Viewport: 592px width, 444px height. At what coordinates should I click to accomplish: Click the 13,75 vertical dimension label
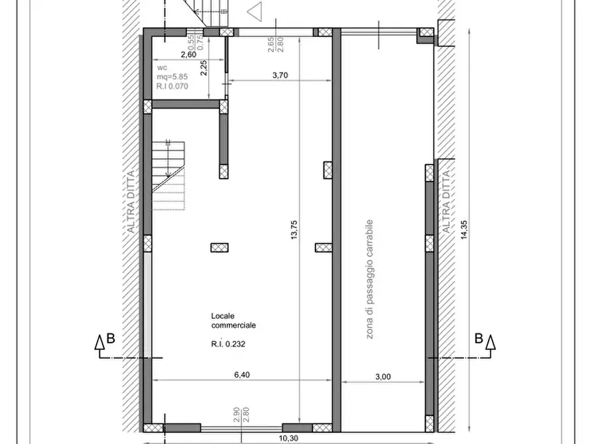294,229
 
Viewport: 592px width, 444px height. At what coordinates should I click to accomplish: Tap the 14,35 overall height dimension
464,230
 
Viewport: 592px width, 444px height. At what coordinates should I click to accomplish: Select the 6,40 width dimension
242,374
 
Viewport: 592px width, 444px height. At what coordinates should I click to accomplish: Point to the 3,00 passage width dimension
383,376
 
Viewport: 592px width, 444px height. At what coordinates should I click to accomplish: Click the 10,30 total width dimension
290,438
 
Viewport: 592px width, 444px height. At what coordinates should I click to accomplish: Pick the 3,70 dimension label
280,75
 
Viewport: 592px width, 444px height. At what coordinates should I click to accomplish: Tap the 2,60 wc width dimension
189,54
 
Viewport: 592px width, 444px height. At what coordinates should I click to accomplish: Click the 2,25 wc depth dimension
204,68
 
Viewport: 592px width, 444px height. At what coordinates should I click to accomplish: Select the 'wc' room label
162,68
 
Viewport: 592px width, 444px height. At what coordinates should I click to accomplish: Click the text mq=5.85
172,77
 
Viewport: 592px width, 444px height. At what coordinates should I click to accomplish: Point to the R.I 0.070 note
172,86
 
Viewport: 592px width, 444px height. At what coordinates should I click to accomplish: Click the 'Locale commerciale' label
233,321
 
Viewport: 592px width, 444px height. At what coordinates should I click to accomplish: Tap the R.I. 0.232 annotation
228,344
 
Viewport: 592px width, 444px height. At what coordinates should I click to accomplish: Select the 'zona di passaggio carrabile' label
370,279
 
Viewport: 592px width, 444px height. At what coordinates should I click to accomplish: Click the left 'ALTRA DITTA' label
131,202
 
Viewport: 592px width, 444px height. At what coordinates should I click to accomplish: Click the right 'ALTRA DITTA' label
446,202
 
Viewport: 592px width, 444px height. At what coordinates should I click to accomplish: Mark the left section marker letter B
111,338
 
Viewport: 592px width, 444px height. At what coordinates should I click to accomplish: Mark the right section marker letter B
479,338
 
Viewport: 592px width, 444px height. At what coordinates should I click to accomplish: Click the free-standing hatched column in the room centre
219,248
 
